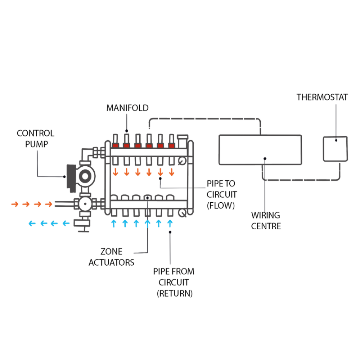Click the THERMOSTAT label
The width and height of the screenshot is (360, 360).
tap(322, 97)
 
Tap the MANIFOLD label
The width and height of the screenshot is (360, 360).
tap(127, 108)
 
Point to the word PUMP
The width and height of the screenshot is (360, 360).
tap(36, 144)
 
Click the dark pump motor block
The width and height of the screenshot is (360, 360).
tap(71, 178)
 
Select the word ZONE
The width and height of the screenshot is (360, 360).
tap(111, 252)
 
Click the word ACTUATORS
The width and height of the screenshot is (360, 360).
tap(111, 262)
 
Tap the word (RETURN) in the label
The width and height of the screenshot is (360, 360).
tap(175, 293)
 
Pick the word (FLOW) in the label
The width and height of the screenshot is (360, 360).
tap(221, 206)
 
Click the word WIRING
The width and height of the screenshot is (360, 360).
tap(265, 215)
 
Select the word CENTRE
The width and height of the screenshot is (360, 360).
tap(266, 226)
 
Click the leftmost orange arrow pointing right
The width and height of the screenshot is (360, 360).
tap(15, 204)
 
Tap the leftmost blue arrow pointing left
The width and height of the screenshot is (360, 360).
tap(32, 224)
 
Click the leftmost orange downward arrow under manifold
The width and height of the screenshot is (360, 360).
tap(115, 172)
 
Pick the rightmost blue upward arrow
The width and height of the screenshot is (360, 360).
tap(170, 224)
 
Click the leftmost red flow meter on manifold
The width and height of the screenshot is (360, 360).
tap(115, 145)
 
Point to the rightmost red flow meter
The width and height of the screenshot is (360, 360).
tap(171, 145)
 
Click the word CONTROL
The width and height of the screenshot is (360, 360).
tap(36, 133)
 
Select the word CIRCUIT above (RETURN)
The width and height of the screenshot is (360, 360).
tap(174, 282)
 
